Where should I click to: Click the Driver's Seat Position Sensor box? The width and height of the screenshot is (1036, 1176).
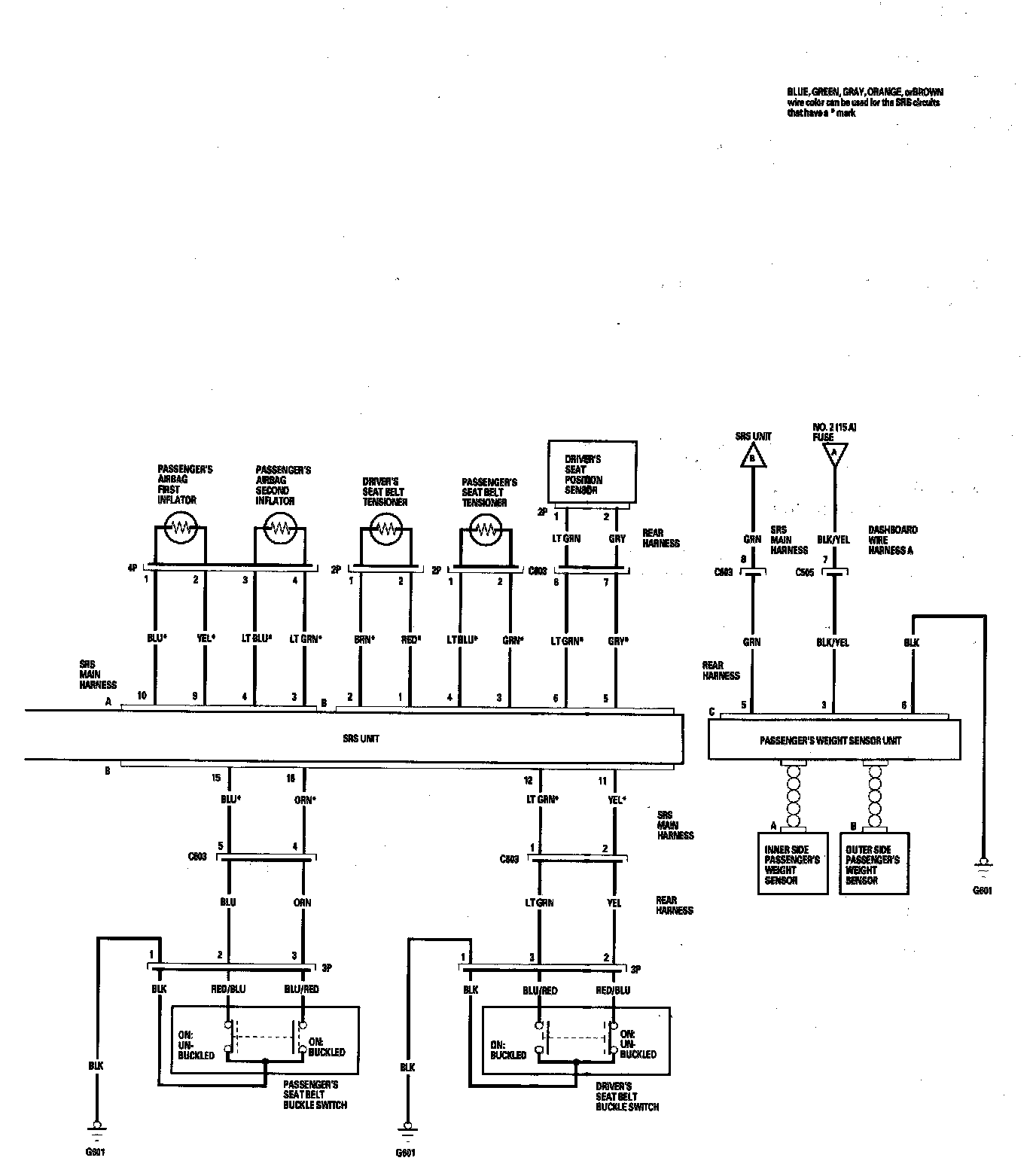[592, 472]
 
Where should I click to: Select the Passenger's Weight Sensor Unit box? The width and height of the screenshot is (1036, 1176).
[834, 740]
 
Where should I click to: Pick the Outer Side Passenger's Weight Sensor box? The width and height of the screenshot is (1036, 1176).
[873, 863]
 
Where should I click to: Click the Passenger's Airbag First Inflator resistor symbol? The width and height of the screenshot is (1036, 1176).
[181, 529]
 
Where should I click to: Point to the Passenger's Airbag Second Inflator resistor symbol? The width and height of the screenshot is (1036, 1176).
[280, 529]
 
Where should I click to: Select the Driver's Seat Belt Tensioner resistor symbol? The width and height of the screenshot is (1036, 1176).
[385, 529]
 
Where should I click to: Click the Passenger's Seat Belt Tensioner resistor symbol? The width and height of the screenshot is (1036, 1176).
[486, 529]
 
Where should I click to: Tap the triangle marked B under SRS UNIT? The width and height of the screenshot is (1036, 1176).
[751, 455]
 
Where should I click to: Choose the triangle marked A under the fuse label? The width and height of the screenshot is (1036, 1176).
[833, 454]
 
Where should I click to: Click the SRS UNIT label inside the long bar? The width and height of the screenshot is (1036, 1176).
[360, 739]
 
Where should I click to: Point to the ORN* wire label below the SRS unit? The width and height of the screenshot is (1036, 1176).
[304, 800]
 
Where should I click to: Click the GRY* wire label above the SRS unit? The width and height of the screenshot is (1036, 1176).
[617, 641]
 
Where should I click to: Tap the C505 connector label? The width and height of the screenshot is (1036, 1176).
[804, 572]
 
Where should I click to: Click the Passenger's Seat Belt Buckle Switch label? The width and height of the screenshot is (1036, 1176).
[315, 1095]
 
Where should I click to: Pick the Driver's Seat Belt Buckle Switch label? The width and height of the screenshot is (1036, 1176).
[626, 1096]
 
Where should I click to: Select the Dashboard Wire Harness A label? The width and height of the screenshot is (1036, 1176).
[892, 540]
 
